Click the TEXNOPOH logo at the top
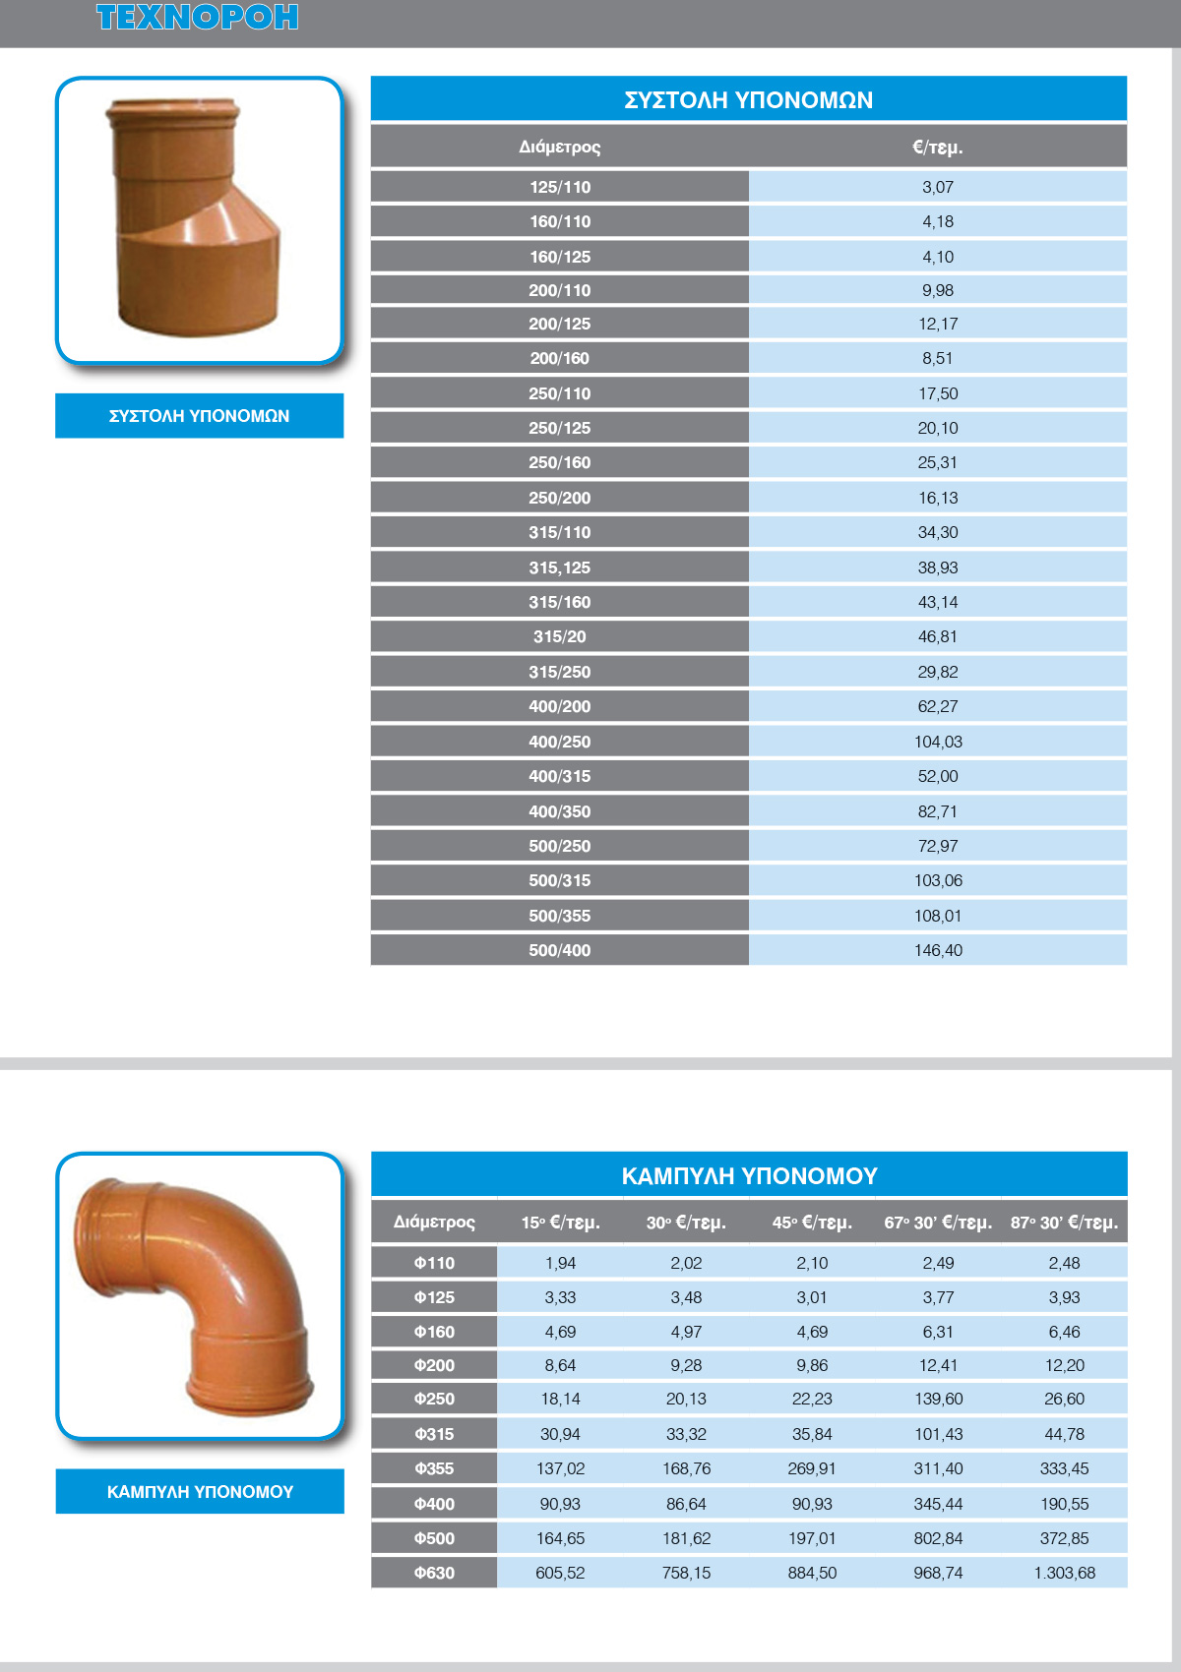(x=197, y=18)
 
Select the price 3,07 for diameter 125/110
(x=937, y=187)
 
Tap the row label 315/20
(x=559, y=636)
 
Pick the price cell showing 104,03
(x=937, y=742)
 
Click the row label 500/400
(x=559, y=950)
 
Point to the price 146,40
(x=937, y=950)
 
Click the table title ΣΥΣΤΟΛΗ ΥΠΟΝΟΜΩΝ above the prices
(x=748, y=100)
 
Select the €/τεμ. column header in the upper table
(x=937, y=148)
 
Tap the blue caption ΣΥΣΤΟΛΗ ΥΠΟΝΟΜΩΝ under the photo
(x=199, y=416)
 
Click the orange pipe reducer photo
(x=197, y=218)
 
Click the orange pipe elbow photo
(x=197, y=1293)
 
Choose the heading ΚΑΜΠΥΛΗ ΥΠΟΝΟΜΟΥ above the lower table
(x=748, y=1175)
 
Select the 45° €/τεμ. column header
(x=812, y=1223)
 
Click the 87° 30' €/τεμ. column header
(x=1064, y=1223)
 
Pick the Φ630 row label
(x=434, y=1573)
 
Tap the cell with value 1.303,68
(x=1064, y=1573)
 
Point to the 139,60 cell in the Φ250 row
(x=938, y=1399)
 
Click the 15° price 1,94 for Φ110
(x=560, y=1263)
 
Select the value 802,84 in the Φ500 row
(x=938, y=1538)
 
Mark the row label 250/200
(x=559, y=498)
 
